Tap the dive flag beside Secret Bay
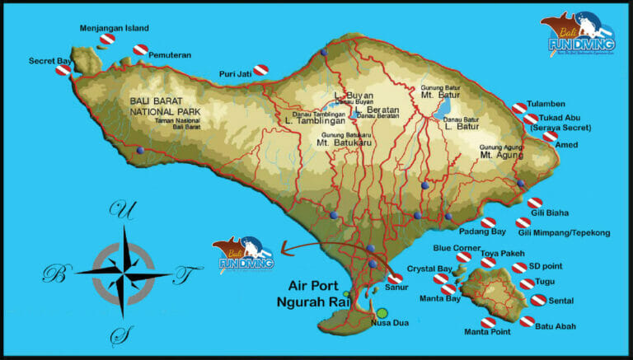click(63, 71)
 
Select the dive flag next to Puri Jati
click(260, 71)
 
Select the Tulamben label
click(551, 105)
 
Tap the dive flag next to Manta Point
click(488, 322)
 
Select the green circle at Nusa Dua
click(382, 313)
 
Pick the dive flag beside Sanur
click(395, 278)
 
